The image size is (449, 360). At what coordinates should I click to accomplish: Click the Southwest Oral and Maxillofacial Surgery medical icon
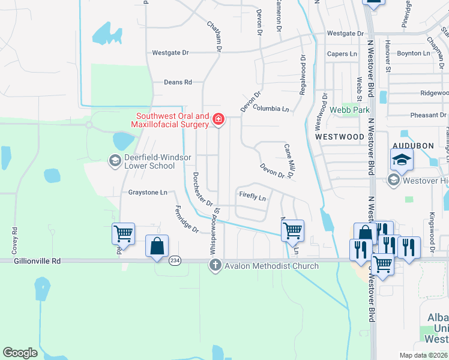[x=218, y=121]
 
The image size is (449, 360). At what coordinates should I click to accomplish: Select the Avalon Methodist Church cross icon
[x=215, y=265]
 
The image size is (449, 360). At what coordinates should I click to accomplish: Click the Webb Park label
[x=350, y=110]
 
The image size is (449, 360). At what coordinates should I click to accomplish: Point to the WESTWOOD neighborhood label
[x=340, y=137]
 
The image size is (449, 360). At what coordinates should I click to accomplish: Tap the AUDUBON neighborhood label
[x=412, y=146]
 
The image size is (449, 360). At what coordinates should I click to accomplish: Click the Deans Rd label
[x=178, y=82]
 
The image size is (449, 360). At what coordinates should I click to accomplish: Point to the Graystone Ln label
[x=148, y=193]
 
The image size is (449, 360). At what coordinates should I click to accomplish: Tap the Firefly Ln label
[x=252, y=196]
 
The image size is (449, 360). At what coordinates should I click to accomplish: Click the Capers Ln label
[x=342, y=54]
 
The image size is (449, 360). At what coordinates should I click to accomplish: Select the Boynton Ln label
[x=414, y=53]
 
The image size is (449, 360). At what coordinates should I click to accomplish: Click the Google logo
[x=20, y=353]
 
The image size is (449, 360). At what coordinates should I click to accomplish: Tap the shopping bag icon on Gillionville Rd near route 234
[x=157, y=246]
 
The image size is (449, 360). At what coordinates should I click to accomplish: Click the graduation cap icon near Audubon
[x=402, y=160]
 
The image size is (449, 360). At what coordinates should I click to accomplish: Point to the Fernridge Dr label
[x=186, y=220]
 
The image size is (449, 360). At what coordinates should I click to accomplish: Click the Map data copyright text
[x=424, y=355]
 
